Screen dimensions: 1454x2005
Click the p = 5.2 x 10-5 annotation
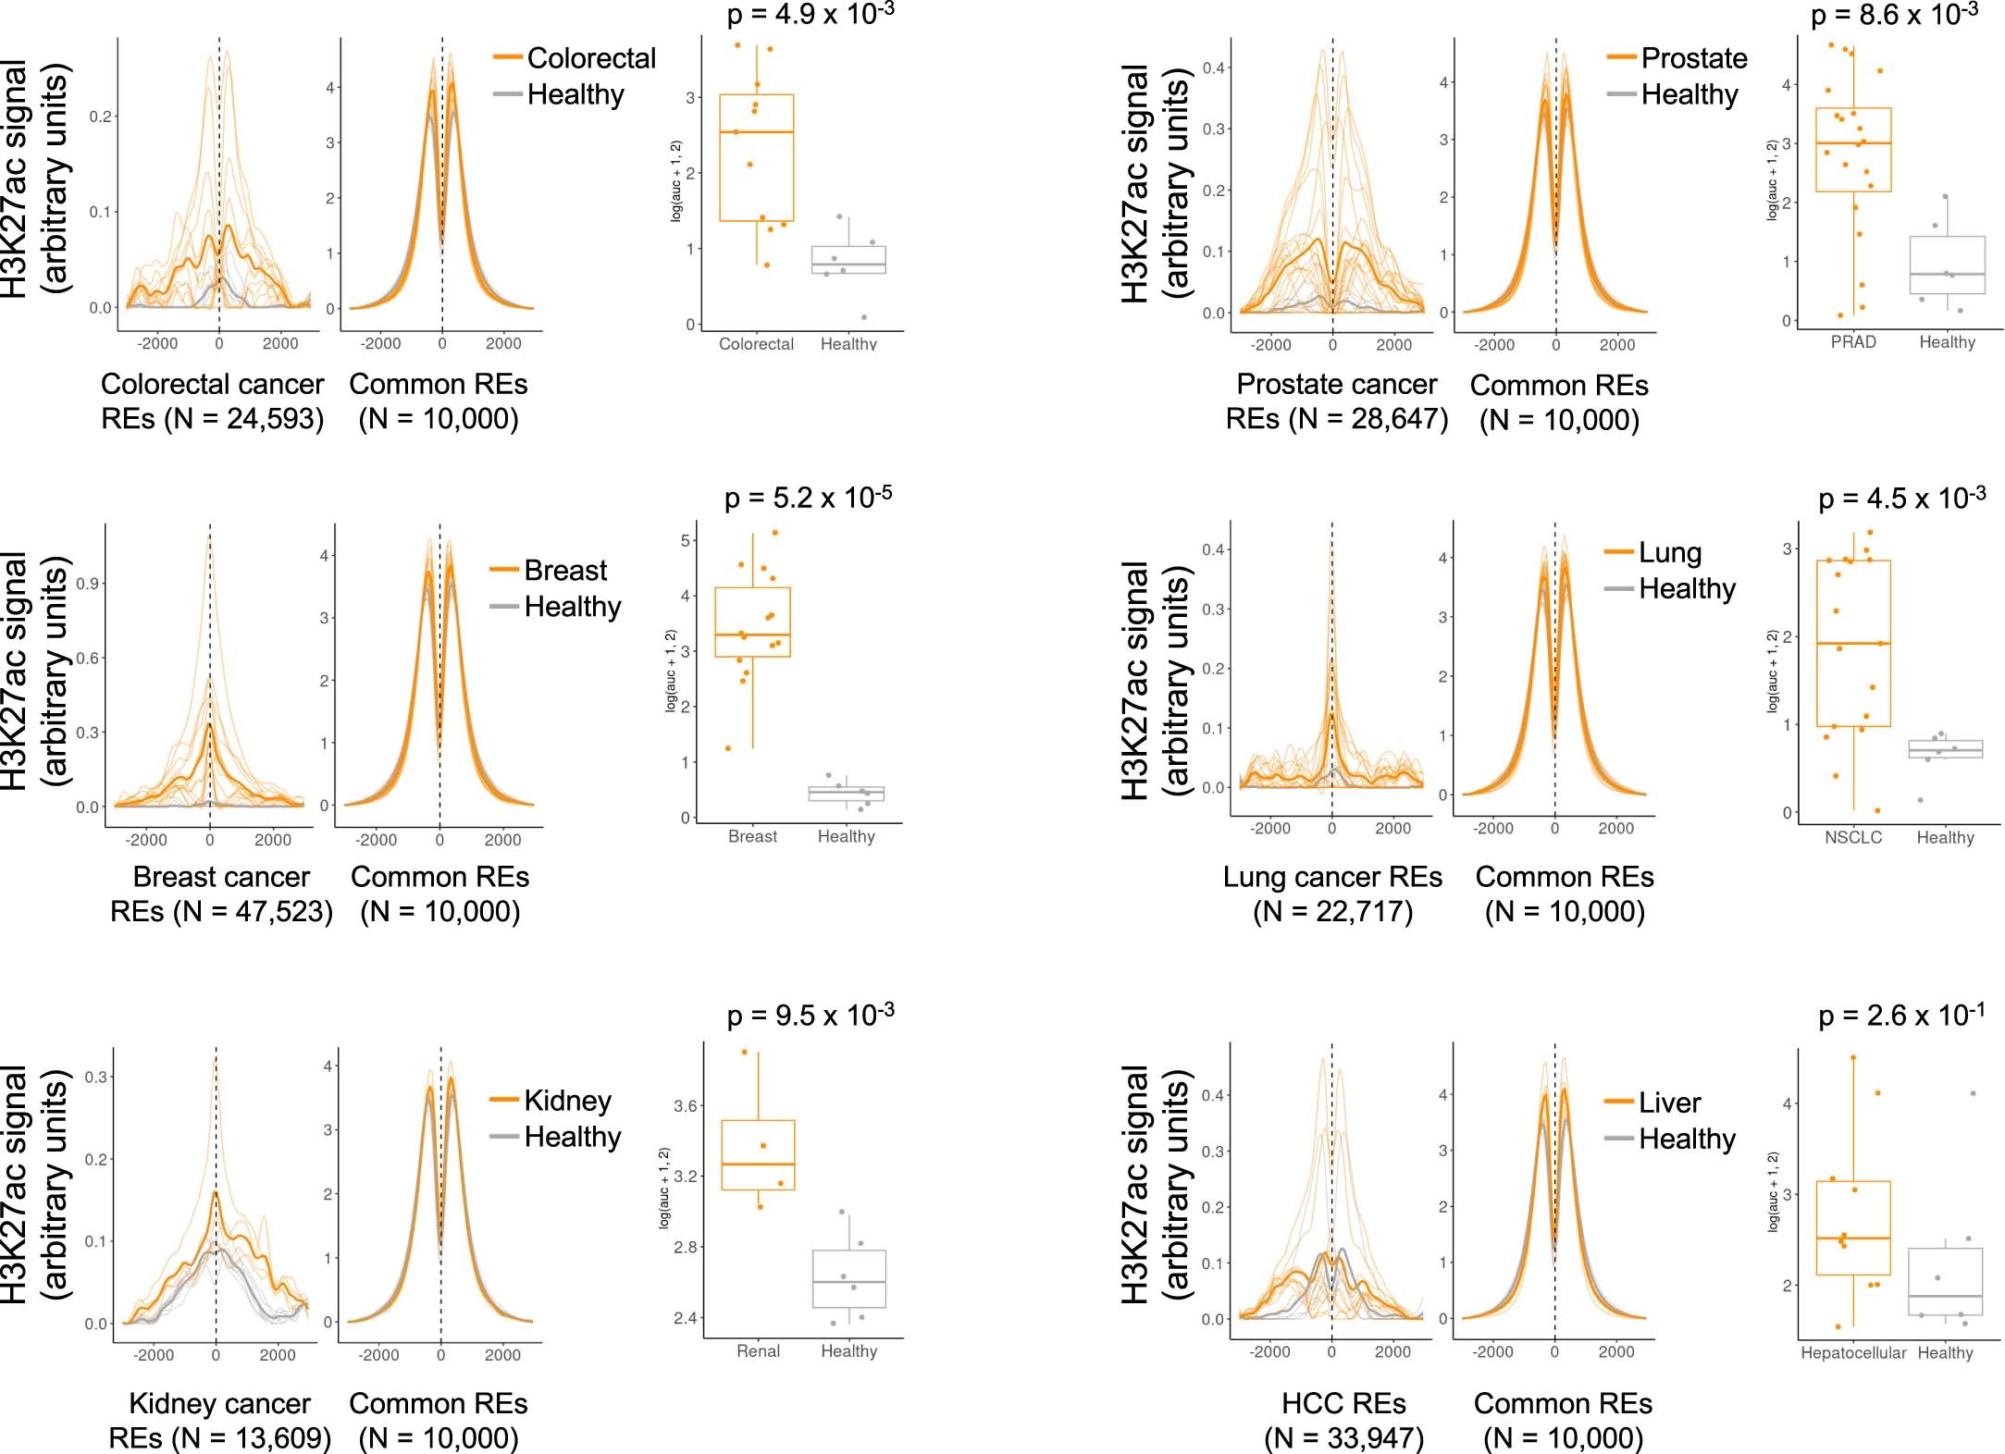(808, 498)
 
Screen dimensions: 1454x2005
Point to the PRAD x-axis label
(1853, 342)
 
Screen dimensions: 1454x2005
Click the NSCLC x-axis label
(1853, 838)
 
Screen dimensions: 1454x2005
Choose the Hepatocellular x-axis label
(1853, 1353)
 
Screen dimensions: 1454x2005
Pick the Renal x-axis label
(758, 1351)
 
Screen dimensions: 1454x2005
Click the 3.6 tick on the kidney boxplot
(686, 1106)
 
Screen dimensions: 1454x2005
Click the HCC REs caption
(1343, 1403)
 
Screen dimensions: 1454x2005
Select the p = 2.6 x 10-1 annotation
(1901, 1016)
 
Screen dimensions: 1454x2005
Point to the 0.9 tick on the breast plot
(89, 584)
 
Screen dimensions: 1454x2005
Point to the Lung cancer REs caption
(1332, 877)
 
